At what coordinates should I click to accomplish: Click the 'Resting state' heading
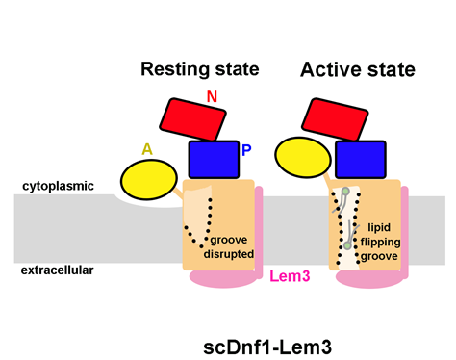200,69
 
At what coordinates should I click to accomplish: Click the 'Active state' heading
358,69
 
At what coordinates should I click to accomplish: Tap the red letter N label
212,96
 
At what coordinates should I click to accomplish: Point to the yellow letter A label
147,149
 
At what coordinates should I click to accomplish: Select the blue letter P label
246,150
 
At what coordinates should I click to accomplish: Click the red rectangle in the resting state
193,119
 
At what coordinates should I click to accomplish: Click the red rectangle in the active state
335,119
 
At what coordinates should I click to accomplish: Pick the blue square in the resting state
214,160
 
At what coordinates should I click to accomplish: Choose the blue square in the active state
361,160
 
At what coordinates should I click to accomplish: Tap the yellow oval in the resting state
149,180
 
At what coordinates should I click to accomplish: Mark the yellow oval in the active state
303,157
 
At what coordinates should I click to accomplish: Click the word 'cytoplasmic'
58,186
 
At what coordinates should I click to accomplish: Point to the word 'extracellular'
57,270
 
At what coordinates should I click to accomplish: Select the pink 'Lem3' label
290,276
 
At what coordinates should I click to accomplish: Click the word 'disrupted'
229,254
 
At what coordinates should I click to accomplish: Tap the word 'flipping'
380,242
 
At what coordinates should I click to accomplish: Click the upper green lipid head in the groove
345,192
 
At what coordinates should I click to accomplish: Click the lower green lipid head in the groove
347,245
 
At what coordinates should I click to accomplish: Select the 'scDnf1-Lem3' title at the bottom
267,347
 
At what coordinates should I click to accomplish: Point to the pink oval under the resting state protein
223,278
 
